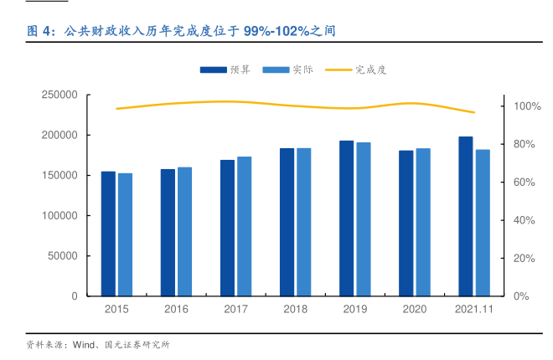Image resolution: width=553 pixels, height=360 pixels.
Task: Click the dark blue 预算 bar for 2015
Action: point(108,234)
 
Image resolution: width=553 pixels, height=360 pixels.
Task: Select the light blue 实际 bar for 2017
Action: point(244,226)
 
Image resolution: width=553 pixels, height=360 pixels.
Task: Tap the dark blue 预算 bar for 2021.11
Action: point(465,216)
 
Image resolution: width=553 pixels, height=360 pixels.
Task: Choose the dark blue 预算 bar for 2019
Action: point(346,219)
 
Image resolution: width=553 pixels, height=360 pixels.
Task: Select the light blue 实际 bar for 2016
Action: point(184,232)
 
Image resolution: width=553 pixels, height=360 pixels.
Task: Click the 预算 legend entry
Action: point(225,69)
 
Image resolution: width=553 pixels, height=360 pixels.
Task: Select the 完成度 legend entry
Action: point(355,69)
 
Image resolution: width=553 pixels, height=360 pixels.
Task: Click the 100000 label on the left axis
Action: point(59,216)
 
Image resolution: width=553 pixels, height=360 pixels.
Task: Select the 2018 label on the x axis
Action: point(296,310)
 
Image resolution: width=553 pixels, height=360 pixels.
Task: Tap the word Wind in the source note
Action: point(85,345)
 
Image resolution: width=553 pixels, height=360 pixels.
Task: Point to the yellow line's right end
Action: point(474,112)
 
